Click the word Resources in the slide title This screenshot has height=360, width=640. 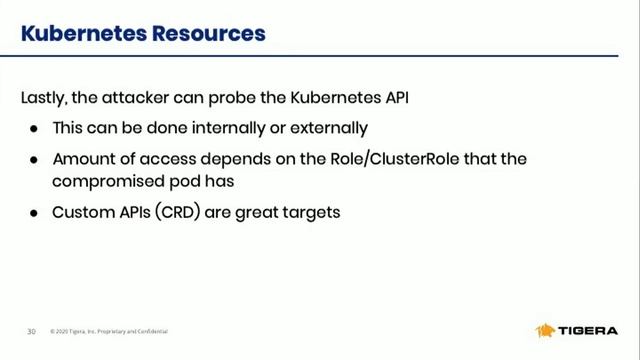click(x=208, y=33)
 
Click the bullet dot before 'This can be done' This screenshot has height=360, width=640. click(x=33, y=129)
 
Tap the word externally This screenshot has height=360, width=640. click(x=325, y=128)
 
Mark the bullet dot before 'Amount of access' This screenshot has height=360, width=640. click(x=33, y=159)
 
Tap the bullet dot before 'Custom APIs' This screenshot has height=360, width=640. click(x=33, y=212)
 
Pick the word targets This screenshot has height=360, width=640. click(x=312, y=212)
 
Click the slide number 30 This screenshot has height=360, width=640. click(x=31, y=331)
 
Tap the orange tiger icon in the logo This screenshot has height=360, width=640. click(x=546, y=330)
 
